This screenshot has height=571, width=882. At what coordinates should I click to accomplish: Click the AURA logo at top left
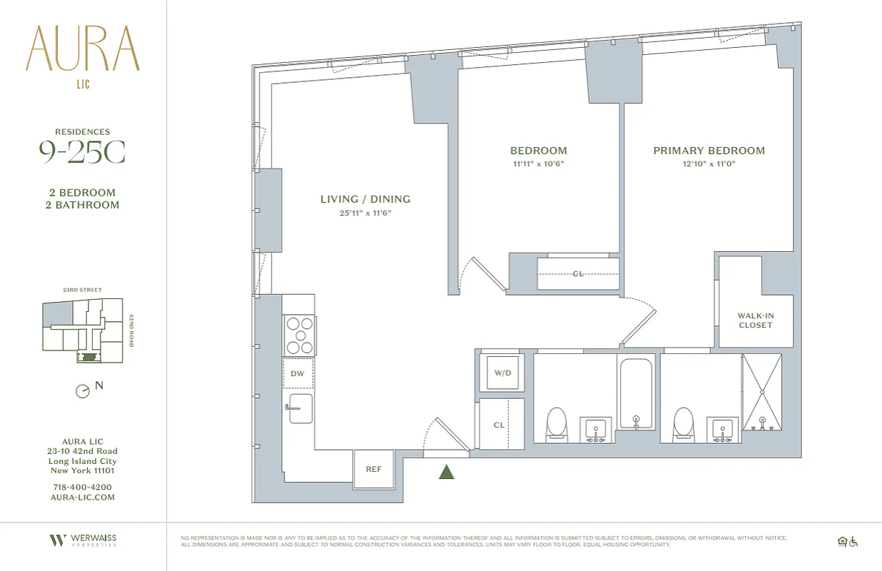83,50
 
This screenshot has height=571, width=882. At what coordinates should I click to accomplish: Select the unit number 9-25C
83,152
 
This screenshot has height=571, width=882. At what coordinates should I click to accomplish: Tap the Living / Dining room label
365,199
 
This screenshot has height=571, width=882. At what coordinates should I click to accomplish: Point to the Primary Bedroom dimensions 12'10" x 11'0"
709,163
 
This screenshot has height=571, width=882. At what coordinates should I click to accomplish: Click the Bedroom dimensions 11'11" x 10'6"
538,163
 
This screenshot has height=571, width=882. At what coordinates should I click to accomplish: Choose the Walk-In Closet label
755,320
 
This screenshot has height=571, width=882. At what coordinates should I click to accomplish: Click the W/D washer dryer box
501,373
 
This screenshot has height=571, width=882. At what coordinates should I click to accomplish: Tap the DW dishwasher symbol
298,373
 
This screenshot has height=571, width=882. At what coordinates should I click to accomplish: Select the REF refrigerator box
374,469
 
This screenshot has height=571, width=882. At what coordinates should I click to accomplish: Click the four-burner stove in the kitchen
299,335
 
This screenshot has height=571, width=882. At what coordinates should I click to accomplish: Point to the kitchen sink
300,409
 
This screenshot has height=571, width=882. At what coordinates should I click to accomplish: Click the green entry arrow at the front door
447,471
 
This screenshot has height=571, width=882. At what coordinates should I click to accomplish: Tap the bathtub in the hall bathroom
636,393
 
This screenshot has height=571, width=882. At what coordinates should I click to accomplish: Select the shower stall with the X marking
762,392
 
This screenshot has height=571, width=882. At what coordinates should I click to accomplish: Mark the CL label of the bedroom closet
578,273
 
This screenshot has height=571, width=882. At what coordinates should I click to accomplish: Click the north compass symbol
83,390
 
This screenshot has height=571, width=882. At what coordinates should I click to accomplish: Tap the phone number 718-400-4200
83,487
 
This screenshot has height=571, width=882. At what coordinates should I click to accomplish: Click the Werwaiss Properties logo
83,540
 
